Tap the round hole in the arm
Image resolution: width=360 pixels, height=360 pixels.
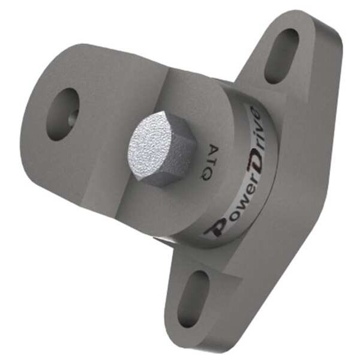pos(62,114)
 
